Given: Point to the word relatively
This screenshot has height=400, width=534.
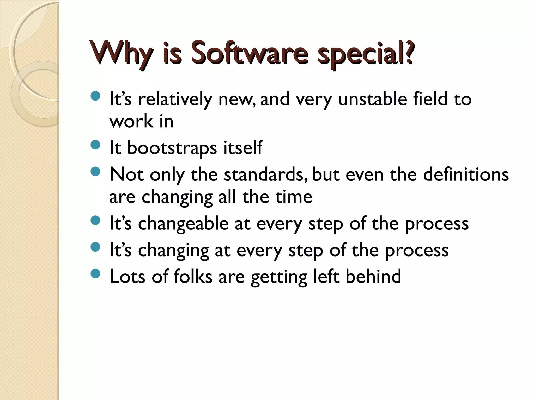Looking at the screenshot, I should point(175,100).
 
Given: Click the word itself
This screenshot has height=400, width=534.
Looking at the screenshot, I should point(243,148).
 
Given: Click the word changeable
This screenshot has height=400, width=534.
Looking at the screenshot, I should point(183,224).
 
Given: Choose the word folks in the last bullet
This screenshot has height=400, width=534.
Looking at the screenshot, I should point(193,276).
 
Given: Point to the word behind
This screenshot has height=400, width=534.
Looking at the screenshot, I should point(373,276).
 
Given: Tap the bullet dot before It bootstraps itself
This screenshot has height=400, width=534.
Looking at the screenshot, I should point(96,145).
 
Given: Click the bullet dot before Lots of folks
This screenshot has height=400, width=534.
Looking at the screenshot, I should point(96,273).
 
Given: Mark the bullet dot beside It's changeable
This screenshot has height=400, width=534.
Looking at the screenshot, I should point(96,220).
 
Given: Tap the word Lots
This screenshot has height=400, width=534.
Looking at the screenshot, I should point(127,276).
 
